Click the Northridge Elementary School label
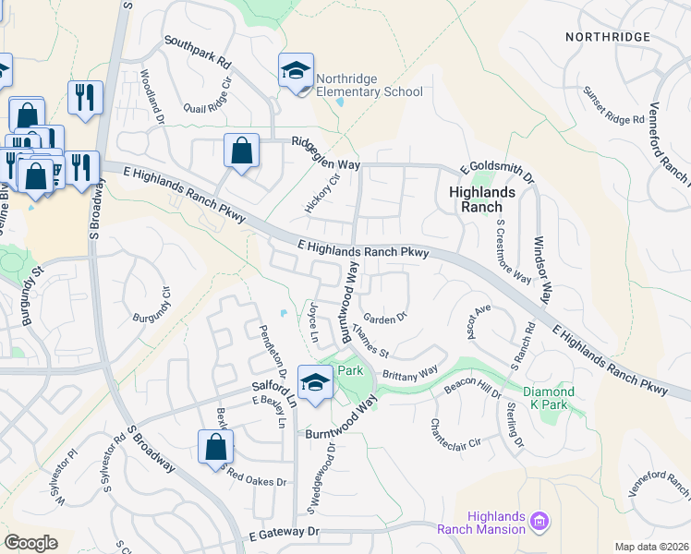click(x=370, y=85)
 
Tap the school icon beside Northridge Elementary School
click(x=296, y=70)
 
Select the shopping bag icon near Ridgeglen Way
click(x=241, y=151)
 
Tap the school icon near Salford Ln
click(x=315, y=382)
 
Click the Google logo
click(x=30, y=543)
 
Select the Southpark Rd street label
click(x=197, y=53)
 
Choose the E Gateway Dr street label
click(x=284, y=533)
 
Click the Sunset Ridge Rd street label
click(x=612, y=107)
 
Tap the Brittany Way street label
click(x=410, y=373)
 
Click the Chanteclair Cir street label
click(x=455, y=434)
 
